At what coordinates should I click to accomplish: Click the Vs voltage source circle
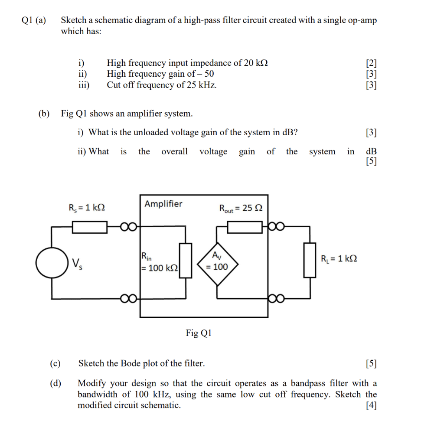[x=52, y=263]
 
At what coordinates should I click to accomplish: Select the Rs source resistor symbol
[x=89, y=226]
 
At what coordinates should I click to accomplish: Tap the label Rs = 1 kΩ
[x=87, y=207]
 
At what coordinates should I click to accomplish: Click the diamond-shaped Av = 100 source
[x=216, y=263]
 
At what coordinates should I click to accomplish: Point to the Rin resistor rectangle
[x=186, y=260]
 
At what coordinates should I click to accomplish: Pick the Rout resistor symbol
[x=245, y=226]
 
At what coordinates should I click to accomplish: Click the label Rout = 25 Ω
[x=241, y=209]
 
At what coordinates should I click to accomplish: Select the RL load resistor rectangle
[x=309, y=260]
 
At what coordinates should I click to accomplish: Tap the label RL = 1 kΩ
[x=339, y=259]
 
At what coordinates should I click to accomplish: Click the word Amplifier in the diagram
[x=163, y=204]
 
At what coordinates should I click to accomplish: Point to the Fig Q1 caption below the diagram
[x=199, y=333]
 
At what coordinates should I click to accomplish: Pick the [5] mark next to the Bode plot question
[x=371, y=363]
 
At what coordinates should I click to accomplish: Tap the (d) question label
[x=55, y=383]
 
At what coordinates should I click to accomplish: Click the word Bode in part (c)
[x=131, y=363]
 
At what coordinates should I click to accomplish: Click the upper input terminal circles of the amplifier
[x=129, y=226]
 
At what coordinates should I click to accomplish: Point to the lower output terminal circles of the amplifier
[x=277, y=298]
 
